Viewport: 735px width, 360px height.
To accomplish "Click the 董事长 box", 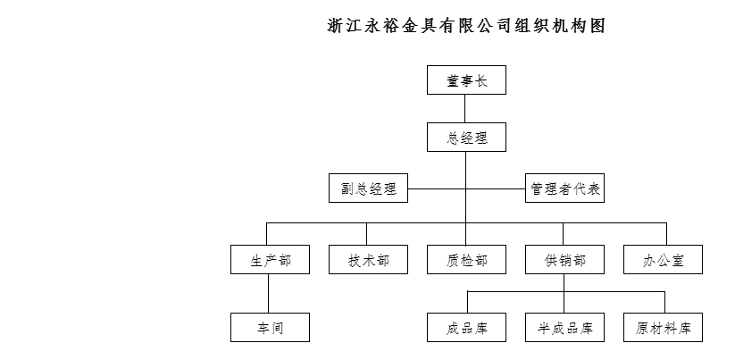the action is pos(466,80).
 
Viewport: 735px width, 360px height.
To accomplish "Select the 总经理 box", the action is pos(466,138).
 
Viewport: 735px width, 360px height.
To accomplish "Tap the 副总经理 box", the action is pos(369,188).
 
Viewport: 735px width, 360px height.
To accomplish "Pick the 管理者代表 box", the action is pos(564,188).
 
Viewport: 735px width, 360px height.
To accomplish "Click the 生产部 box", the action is pos(270,259).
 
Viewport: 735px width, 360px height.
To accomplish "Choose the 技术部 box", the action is pos(369,259).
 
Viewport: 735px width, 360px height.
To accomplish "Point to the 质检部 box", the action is pos(466,259).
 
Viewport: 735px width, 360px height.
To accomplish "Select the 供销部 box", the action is pos(564,259).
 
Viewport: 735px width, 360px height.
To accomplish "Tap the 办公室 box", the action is pos(663,259).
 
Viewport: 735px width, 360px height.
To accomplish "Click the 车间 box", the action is pos(270,328).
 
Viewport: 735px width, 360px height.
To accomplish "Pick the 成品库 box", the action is pos(466,328).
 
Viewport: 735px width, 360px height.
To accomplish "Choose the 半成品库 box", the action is pos(564,328).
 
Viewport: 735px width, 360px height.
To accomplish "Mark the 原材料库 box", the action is pos(663,328).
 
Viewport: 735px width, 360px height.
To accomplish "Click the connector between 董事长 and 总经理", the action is pos(465,109).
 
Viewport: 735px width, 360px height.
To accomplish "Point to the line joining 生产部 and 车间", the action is pos(269,293).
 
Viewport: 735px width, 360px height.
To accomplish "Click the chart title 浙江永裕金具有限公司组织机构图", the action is pos(466,25).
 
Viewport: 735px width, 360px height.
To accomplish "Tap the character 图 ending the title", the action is pos(597,25).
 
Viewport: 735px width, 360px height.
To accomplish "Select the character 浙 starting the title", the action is pos(335,25).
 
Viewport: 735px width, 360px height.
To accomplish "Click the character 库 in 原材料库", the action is pos(684,328).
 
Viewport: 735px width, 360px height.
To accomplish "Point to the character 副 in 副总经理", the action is pos(347,188).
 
